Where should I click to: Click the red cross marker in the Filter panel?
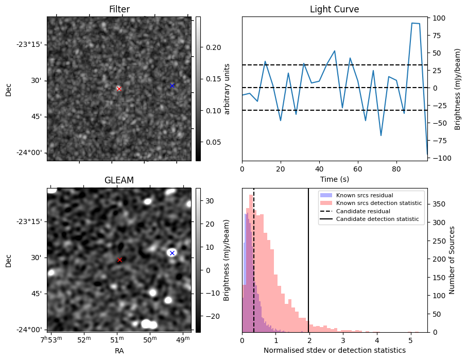[x=119, y=89]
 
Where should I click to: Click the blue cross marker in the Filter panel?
[x=172, y=85]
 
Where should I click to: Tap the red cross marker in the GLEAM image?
[x=119, y=260]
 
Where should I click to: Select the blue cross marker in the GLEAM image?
[x=172, y=253]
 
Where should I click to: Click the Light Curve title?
[x=334, y=9]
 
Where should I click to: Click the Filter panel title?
[x=119, y=9]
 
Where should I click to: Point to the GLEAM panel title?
[x=119, y=180]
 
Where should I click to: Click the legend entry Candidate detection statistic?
[x=377, y=219]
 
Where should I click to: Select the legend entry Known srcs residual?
[x=365, y=196]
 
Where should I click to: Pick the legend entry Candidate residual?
[x=363, y=211]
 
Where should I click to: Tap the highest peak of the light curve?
[x=412, y=23]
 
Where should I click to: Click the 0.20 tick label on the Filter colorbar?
[x=210, y=47]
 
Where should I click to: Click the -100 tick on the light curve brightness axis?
[x=439, y=158]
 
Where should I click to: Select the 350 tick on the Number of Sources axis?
[x=439, y=204]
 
